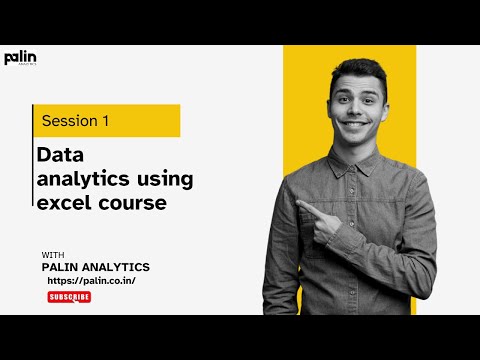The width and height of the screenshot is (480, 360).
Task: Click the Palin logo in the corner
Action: [20, 58]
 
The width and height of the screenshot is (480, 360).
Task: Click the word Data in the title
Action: [58, 157]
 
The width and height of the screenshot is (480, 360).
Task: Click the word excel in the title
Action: [63, 203]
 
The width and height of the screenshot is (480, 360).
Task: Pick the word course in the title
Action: [130, 203]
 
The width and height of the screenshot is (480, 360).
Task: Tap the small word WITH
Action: [54, 255]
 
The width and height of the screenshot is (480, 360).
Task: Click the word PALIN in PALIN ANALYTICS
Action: [64, 267]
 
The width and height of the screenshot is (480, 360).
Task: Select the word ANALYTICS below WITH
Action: [119, 267]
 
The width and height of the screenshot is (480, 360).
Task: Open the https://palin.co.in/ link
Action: [91, 282]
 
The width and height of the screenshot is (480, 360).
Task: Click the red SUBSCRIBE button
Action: [69, 297]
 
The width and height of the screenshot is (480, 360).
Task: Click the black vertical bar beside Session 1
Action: [33, 121]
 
